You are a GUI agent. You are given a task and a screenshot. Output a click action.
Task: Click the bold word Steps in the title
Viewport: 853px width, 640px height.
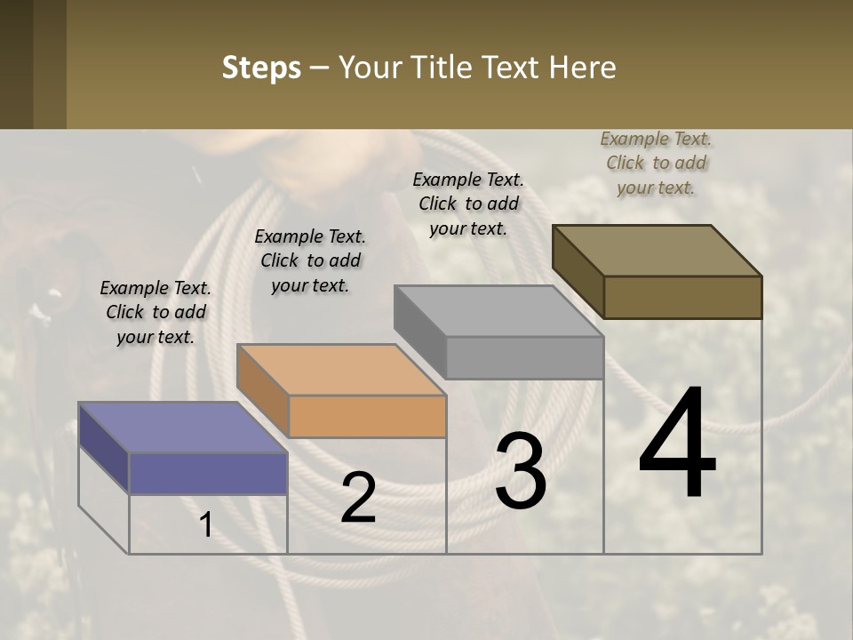(261, 68)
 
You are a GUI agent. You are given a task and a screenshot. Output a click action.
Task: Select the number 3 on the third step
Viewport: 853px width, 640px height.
(520, 471)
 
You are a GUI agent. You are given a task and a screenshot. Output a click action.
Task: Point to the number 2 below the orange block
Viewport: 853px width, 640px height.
(358, 498)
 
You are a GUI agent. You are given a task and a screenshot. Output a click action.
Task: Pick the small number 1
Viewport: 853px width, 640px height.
(206, 524)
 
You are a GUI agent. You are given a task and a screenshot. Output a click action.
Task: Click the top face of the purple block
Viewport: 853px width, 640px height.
(182, 427)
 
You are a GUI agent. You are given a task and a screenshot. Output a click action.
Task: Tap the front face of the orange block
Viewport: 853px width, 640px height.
(367, 416)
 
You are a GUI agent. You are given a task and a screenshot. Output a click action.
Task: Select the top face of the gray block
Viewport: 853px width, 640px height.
(498, 311)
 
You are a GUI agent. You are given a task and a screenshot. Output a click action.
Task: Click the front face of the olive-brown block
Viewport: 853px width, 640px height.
(682, 297)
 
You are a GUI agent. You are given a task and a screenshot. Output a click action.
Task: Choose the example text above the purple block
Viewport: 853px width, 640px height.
(155, 312)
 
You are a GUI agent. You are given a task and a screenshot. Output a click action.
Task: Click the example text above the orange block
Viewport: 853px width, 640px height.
(310, 260)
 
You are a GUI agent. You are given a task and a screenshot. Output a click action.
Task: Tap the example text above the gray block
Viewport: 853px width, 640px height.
(468, 204)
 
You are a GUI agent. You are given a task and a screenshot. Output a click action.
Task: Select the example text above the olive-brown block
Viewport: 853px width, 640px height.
(656, 163)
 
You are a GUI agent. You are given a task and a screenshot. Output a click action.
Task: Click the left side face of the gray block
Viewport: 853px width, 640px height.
(420, 332)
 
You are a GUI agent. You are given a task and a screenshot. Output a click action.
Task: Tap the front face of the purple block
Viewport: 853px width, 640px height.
(208, 473)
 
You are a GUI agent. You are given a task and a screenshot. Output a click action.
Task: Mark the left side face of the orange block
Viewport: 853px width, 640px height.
(263, 391)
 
